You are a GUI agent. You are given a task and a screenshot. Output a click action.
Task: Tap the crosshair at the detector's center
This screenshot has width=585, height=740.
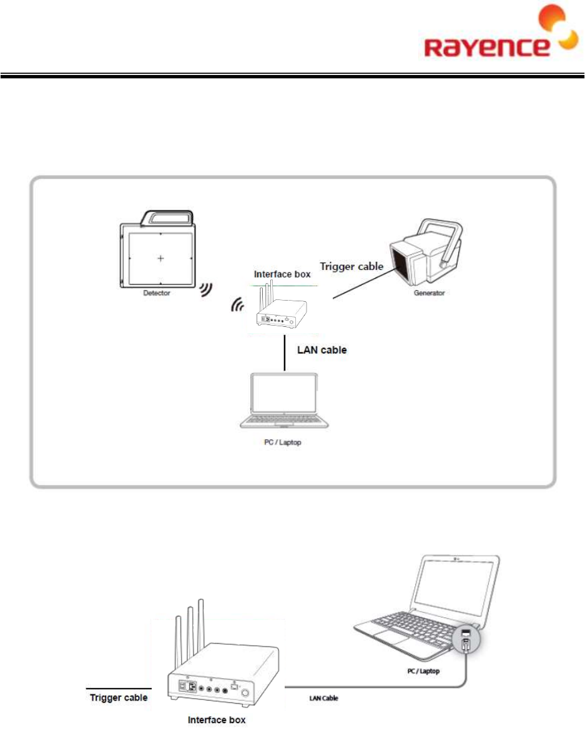(x=161, y=258)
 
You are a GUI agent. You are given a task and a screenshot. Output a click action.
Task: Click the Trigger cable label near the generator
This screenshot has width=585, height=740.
(x=351, y=267)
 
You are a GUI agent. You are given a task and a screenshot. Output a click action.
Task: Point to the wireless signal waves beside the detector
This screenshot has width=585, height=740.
(x=206, y=289)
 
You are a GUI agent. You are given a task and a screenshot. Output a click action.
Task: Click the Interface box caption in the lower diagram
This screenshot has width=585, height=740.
(x=218, y=720)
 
